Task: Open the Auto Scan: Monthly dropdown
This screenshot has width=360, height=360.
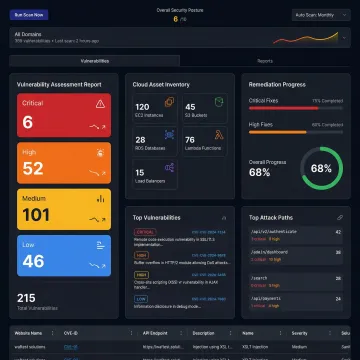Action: (x=321, y=16)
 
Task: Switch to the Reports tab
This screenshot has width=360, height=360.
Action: (x=265, y=61)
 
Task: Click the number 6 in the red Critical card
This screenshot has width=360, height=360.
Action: (x=27, y=122)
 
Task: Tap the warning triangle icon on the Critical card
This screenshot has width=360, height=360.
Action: (x=99, y=103)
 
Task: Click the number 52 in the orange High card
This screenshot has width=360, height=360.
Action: (x=32, y=169)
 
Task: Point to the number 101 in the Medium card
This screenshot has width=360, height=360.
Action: (x=36, y=215)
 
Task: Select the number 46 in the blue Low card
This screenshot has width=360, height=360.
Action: (x=32, y=261)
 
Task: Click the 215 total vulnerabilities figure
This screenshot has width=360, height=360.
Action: (x=26, y=297)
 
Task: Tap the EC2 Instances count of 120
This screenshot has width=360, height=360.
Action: (x=142, y=106)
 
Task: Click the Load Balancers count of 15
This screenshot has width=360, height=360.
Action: (x=140, y=172)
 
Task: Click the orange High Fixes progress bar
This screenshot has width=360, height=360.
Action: (x=295, y=135)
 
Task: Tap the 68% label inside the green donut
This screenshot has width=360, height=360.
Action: (x=321, y=168)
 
